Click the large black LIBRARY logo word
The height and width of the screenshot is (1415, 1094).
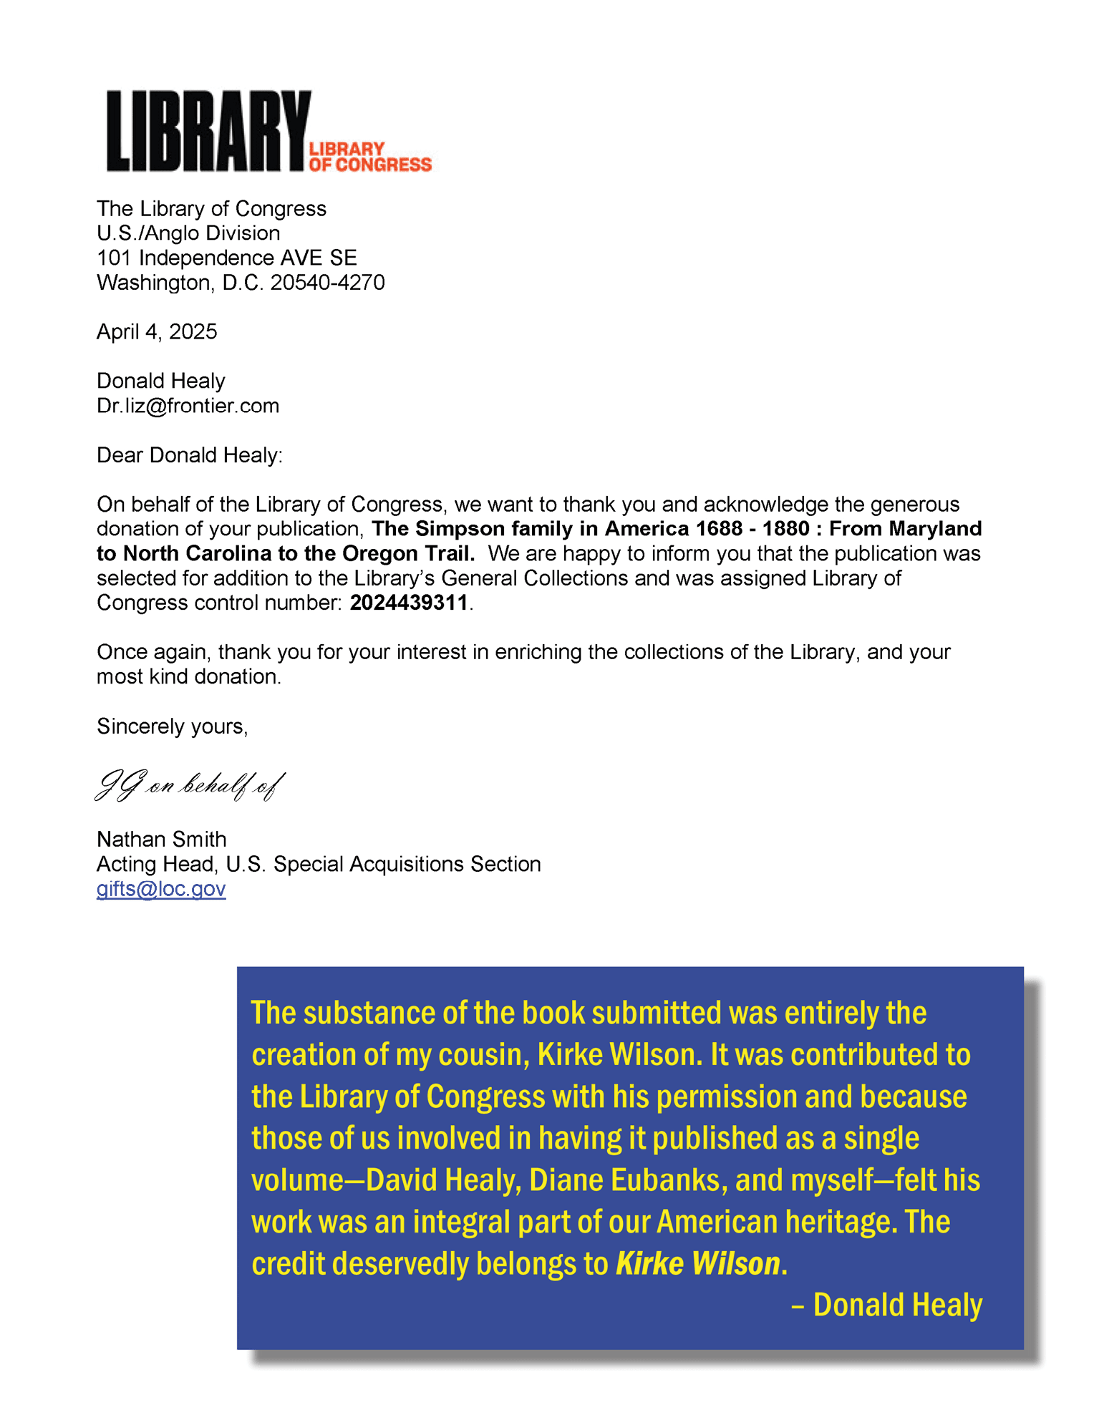(208, 131)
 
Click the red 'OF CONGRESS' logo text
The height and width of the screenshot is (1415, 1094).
(370, 165)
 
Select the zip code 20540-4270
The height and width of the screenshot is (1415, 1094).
(327, 283)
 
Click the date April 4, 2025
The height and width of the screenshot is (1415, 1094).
(157, 331)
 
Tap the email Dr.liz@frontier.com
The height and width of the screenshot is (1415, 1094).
(188, 406)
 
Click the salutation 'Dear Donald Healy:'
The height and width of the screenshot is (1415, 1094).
(190, 455)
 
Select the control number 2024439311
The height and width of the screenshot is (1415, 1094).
(408, 603)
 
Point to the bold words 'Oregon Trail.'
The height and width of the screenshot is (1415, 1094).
(409, 553)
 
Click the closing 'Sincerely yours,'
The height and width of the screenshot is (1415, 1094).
(172, 726)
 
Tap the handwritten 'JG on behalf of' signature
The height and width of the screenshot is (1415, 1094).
(190, 786)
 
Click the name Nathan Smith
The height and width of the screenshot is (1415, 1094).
(161, 839)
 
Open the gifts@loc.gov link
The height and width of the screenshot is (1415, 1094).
(161, 889)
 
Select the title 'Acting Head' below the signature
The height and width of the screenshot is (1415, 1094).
(155, 864)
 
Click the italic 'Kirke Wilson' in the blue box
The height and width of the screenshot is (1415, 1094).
(697, 1264)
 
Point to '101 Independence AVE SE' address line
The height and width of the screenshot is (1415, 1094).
(226, 258)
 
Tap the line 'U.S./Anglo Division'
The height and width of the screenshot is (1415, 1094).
(188, 233)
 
